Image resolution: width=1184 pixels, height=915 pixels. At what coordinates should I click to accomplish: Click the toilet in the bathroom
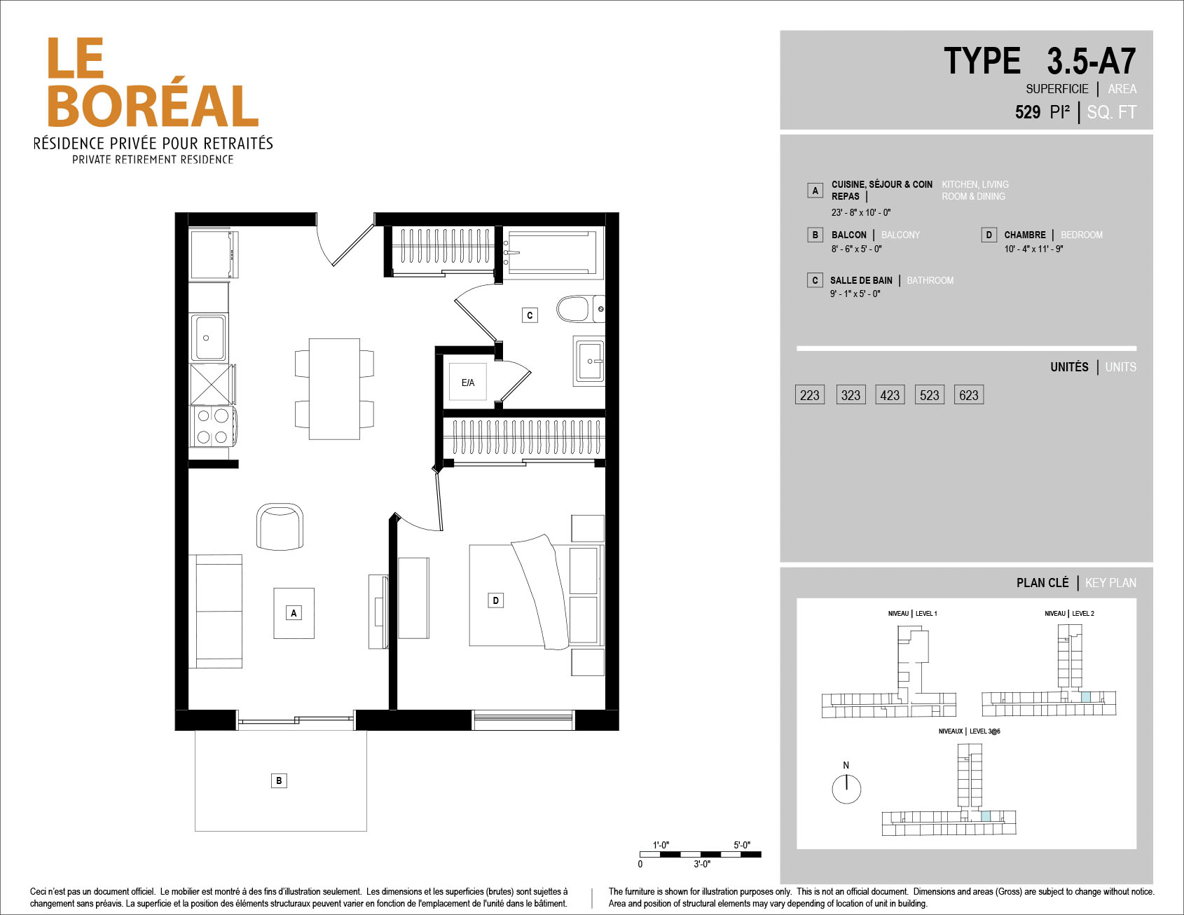[x=578, y=309]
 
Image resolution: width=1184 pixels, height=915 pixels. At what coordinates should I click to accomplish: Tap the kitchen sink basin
[x=209, y=338]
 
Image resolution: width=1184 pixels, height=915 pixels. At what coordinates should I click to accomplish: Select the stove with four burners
[x=212, y=426]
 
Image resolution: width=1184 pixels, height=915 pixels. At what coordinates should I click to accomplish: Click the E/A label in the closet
[x=468, y=383]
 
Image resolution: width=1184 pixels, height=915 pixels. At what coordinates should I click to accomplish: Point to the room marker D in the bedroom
[x=496, y=600]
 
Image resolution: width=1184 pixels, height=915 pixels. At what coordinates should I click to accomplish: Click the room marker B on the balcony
[x=279, y=780]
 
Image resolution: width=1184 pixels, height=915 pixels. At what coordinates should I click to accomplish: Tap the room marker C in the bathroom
[x=530, y=315]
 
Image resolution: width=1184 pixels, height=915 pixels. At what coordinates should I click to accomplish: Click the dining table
[x=334, y=389]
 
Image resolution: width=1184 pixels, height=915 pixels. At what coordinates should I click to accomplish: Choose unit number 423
[x=890, y=395]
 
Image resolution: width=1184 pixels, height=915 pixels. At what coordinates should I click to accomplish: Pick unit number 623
[x=969, y=395]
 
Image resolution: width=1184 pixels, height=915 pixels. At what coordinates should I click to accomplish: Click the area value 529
[x=1028, y=112]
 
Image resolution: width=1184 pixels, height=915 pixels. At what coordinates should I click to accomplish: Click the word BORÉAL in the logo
[x=153, y=106]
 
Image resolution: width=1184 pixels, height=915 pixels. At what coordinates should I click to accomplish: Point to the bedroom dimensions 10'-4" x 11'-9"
[x=1033, y=249]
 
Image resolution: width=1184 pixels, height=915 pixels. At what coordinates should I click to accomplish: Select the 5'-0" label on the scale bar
[x=742, y=845]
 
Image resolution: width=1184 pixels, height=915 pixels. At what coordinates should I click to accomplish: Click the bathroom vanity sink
[x=590, y=361]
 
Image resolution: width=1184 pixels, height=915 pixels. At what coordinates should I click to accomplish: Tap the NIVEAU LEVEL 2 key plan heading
[x=1069, y=614]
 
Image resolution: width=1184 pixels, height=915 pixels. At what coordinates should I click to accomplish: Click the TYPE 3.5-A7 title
[x=1040, y=62]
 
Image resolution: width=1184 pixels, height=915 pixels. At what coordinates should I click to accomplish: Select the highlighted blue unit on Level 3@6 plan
[x=986, y=816]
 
